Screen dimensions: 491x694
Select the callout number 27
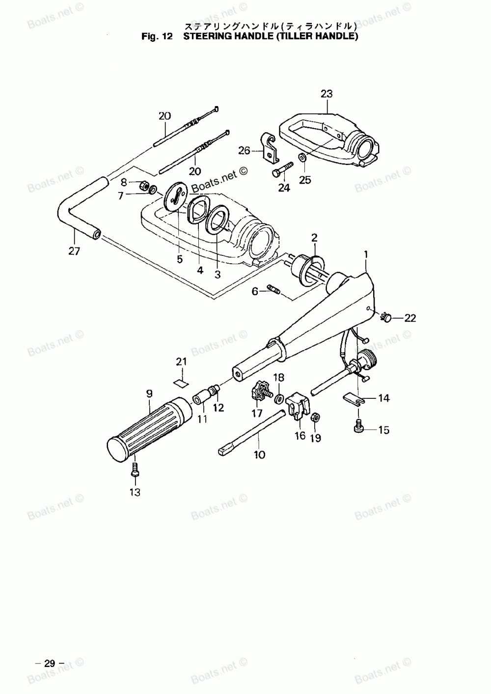tap(74, 251)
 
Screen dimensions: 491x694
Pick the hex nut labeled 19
tap(316, 417)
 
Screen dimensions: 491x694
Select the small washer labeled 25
tap(301, 158)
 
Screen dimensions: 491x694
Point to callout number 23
tap(327, 93)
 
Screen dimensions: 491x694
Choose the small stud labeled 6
tap(273, 290)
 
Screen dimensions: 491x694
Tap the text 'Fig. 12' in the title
tap(156, 36)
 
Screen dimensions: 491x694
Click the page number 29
tap(50, 663)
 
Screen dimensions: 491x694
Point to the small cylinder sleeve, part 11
tap(201, 397)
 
